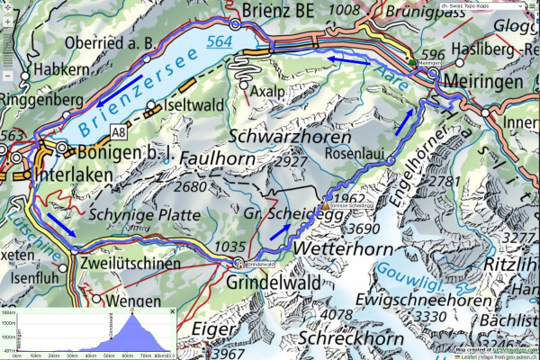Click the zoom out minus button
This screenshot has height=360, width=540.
tap(8, 76)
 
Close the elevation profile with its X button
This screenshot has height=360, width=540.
tap(172, 310)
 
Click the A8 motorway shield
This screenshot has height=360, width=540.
tap(119, 132)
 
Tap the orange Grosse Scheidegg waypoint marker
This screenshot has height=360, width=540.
tap(325, 204)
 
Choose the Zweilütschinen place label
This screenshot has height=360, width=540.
tap(127, 264)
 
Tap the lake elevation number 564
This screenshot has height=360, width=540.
tap(219, 41)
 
